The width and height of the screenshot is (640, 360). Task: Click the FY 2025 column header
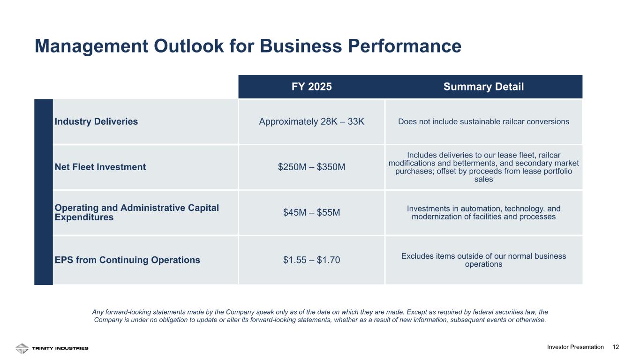311,87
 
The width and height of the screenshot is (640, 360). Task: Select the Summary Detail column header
483,87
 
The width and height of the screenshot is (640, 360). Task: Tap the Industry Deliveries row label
97,121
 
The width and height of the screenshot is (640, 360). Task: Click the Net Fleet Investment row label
100,167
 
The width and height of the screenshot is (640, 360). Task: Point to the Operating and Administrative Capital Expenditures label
137,212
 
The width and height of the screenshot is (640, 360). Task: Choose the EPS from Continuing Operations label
128,260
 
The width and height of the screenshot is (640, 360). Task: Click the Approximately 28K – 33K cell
311,121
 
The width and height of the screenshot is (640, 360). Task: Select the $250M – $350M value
311,167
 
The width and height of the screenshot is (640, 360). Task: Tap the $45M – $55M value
311,212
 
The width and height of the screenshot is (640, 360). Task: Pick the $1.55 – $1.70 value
311,260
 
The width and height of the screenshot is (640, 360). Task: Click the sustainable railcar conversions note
483,121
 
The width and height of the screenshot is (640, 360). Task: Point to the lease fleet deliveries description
483,167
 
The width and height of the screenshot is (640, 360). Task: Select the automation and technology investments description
483,212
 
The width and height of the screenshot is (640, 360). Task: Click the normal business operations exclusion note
483,260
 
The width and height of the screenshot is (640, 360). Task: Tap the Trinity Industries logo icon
22,348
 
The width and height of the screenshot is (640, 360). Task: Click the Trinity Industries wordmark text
60,348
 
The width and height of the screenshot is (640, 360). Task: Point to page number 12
616,347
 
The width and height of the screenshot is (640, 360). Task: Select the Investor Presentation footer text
575,347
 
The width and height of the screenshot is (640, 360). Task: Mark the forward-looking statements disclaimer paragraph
320,315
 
